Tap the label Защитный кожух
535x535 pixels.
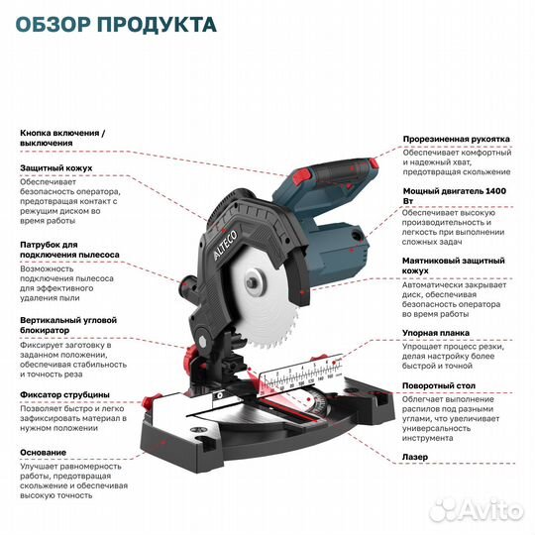51,168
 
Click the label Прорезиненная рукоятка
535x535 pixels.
456,140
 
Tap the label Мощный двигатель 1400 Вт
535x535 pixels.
456,195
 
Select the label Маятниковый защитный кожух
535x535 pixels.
456,266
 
